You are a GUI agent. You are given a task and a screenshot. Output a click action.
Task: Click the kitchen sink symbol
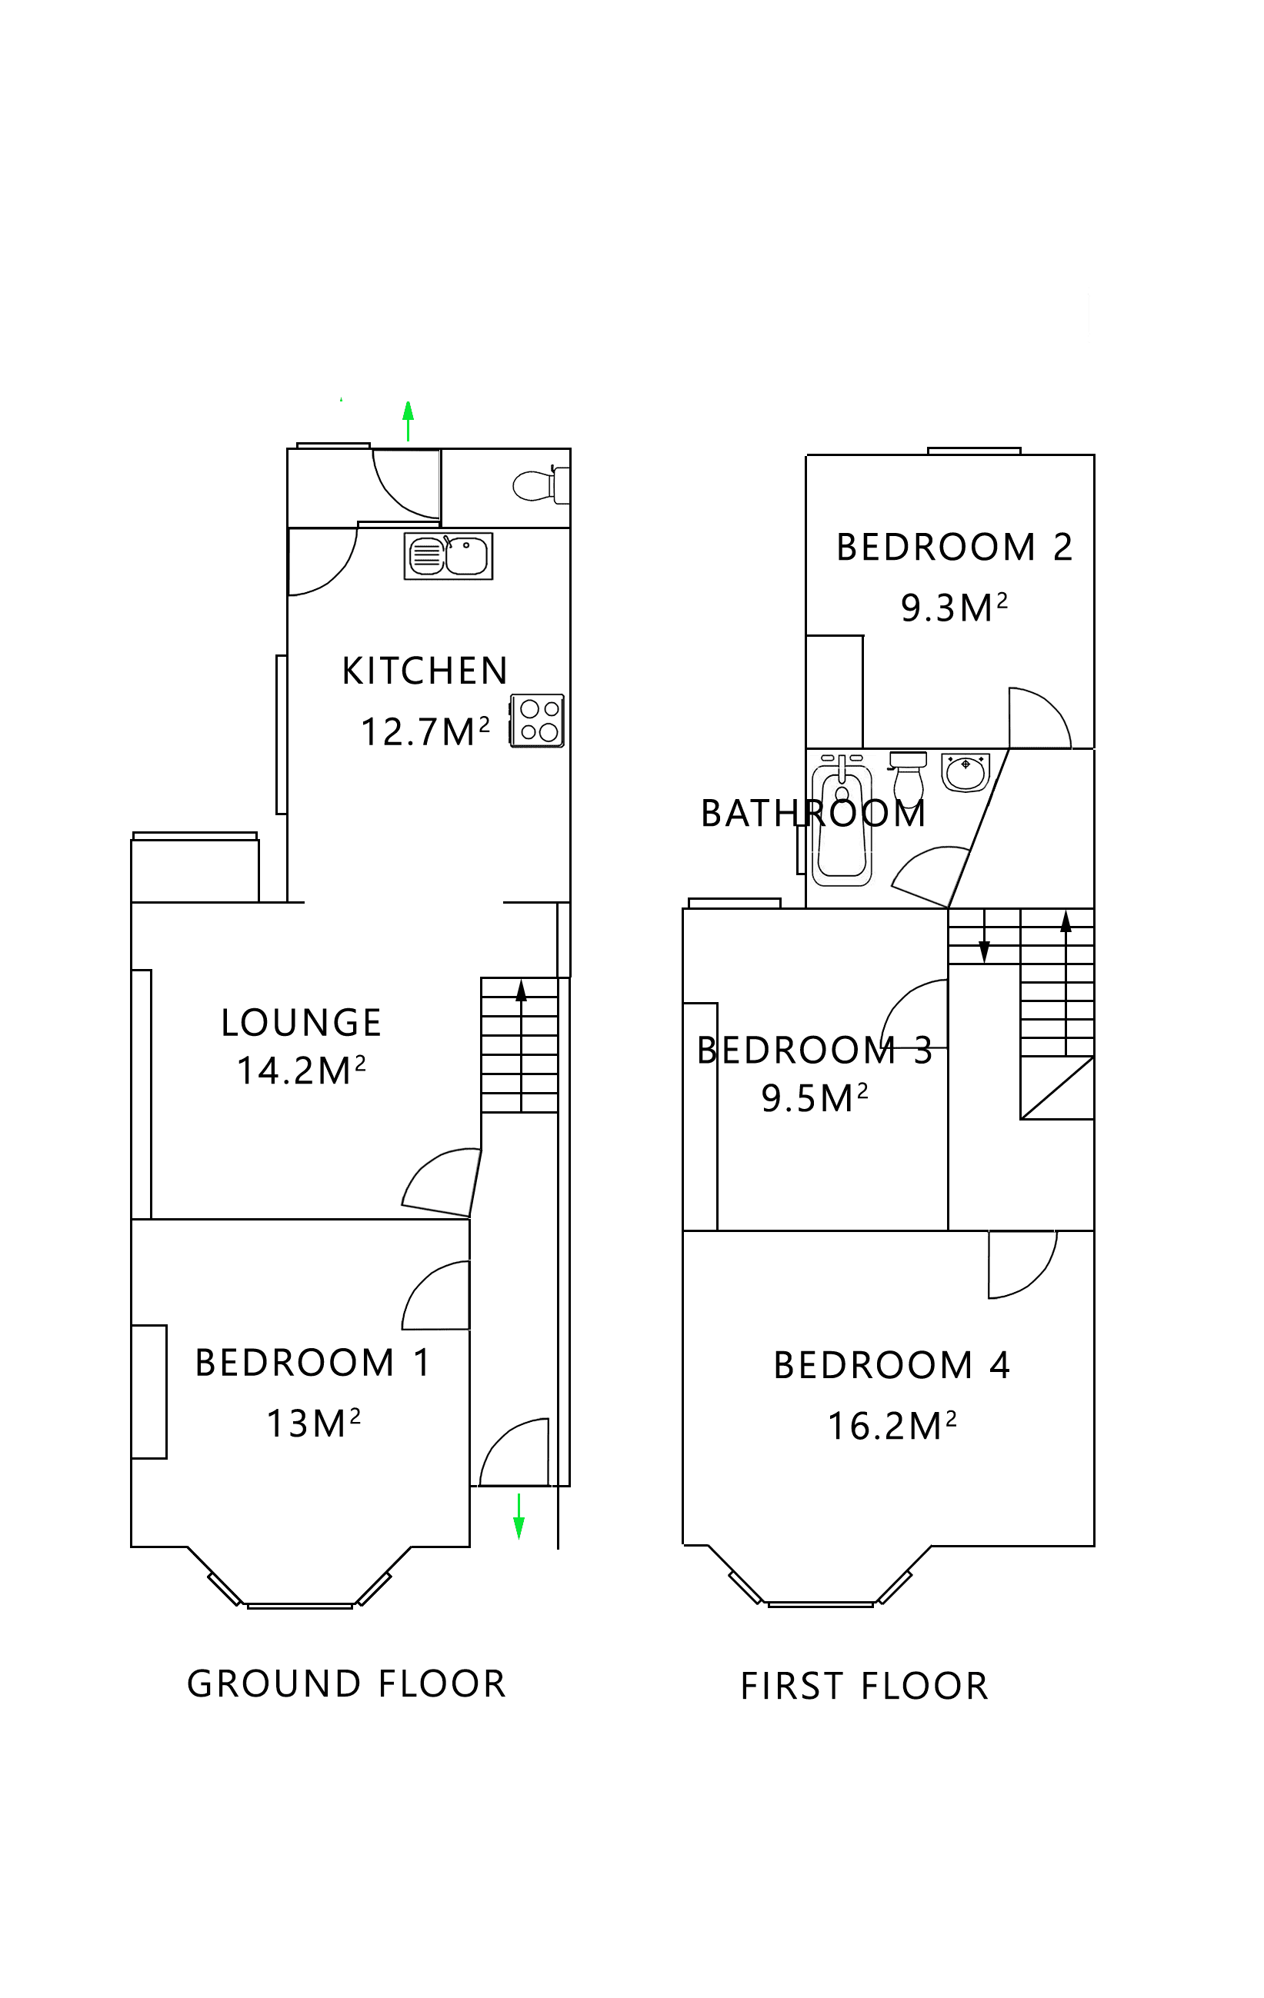point(449,556)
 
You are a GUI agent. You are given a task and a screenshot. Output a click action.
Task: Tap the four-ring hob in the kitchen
point(537,720)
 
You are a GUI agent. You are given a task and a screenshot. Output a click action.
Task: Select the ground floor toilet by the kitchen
point(539,485)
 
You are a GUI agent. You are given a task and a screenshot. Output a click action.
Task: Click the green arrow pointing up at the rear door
point(408,421)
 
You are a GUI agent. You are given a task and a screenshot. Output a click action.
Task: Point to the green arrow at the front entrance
point(519,1516)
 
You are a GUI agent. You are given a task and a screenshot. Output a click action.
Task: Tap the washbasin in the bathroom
point(965,771)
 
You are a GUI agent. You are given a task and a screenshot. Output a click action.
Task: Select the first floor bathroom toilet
point(908,779)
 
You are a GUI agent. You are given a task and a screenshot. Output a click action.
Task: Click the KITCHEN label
point(424,671)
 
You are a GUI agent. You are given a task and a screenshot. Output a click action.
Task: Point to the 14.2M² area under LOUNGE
point(301,1071)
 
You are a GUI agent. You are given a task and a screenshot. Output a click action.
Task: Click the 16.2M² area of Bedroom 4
point(892,1427)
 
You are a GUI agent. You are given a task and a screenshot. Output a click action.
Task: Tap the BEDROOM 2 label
point(954,548)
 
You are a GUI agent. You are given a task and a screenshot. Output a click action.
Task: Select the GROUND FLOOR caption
point(346,1683)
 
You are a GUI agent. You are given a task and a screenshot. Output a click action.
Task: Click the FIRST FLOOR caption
point(864,1686)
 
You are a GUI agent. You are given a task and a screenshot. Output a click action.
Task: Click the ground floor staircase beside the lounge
point(519,1045)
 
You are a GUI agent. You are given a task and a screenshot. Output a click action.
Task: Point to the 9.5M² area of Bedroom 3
point(814,1097)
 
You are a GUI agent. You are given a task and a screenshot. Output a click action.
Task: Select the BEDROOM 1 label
point(313,1363)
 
